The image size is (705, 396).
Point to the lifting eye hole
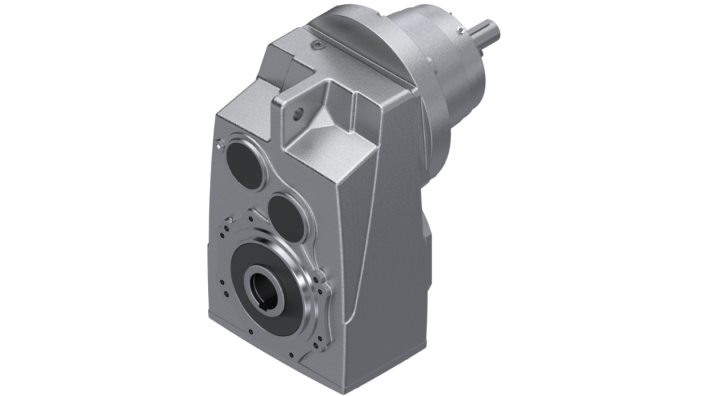click(298, 111)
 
